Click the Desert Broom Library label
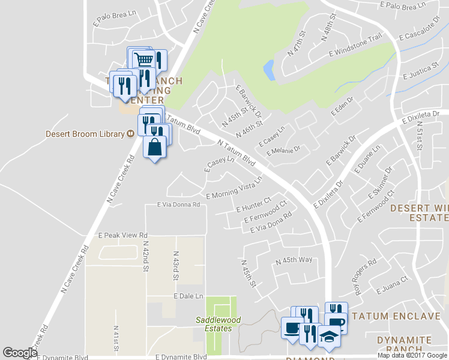coord(85,134)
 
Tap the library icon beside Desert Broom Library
coord(130,134)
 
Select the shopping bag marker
coord(155,147)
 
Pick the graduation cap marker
coord(328,336)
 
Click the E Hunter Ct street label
coord(254,205)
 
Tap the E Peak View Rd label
coord(122,235)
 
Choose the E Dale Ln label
coord(188,296)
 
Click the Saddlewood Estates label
coord(218,324)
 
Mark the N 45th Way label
coord(294,260)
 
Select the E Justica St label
coord(420,71)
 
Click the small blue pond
coord(268,70)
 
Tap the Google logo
coord(20,353)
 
